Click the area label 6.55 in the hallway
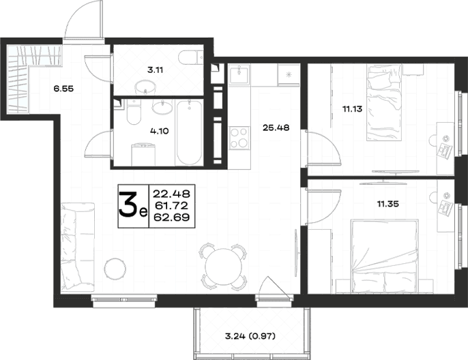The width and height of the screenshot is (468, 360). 63,89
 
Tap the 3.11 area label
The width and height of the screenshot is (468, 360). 156,70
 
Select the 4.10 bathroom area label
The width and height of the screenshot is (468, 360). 160,131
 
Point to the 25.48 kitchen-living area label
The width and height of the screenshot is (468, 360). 276,127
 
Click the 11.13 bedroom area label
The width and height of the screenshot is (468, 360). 352,109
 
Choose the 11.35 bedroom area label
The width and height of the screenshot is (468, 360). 388,204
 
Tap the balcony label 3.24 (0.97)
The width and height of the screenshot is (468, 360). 250,336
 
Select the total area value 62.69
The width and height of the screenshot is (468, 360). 172,217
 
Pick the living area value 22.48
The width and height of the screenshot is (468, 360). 172,194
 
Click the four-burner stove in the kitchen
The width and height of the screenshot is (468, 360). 239,138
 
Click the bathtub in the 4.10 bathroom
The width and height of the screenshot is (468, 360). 189,132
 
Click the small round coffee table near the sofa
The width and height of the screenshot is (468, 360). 115,269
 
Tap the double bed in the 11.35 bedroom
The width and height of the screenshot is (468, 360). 385,257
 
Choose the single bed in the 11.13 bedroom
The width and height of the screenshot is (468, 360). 383,103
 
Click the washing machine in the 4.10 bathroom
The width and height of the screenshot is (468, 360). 143,154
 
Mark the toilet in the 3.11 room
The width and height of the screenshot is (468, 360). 190,57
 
